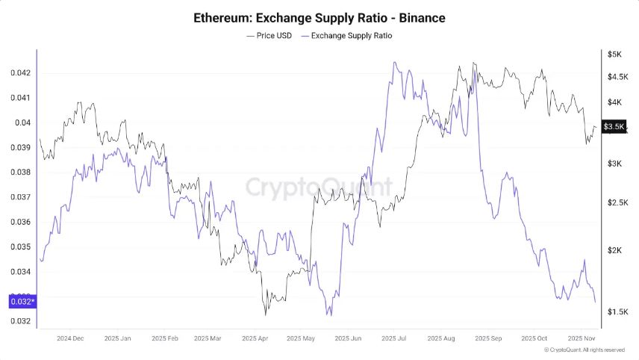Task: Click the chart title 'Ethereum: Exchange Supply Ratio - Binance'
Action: [x=319, y=16]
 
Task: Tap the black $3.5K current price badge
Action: [x=614, y=127]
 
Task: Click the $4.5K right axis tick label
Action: [x=617, y=77]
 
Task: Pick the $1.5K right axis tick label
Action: [x=617, y=311]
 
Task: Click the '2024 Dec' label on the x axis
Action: [x=71, y=338]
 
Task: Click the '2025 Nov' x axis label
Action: [x=580, y=338]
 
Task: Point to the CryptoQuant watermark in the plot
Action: [x=319, y=185]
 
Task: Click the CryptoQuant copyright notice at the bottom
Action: [x=585, y=350]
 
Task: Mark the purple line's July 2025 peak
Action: [x=393, y=63]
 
